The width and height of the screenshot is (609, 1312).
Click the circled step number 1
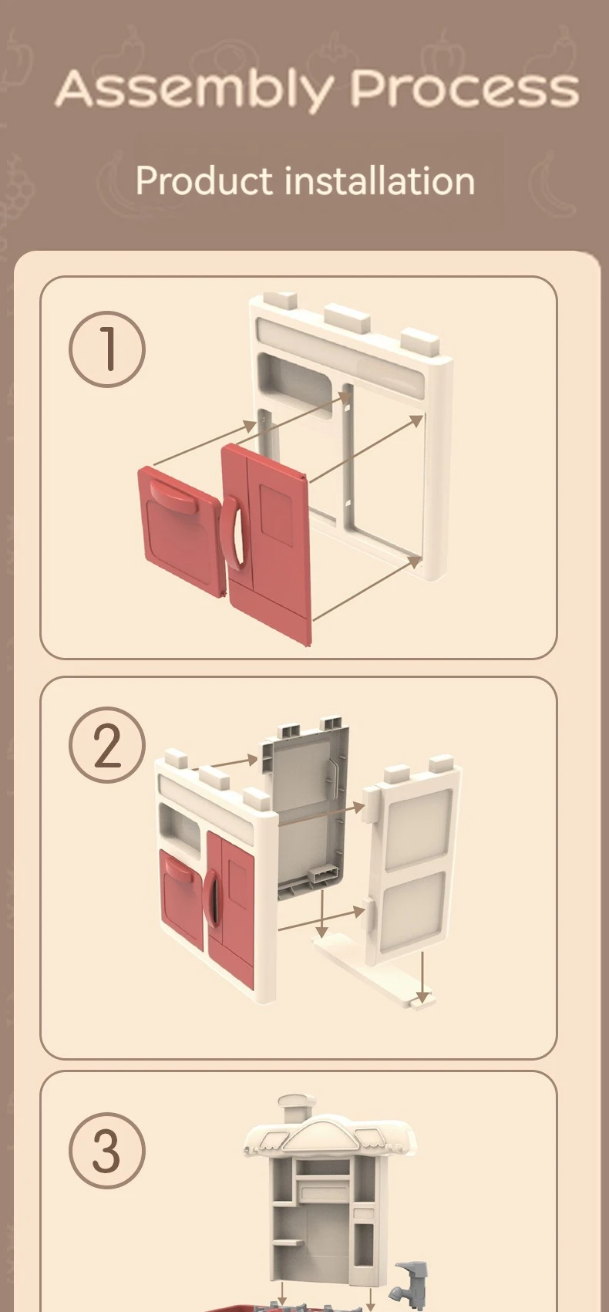click(107, 349)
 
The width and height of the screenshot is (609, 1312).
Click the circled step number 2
click(107, 746)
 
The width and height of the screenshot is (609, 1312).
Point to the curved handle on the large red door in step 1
click(233, 532)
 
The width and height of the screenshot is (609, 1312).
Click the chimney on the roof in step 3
click(297, 1107)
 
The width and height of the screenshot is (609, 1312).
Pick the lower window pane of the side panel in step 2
click(413, 912)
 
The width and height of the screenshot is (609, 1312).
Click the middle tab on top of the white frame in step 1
click(347, 318)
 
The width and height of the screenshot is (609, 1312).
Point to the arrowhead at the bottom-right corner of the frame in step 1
click(415, 561)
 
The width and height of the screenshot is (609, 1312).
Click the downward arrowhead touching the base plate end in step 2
click(421, 996)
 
